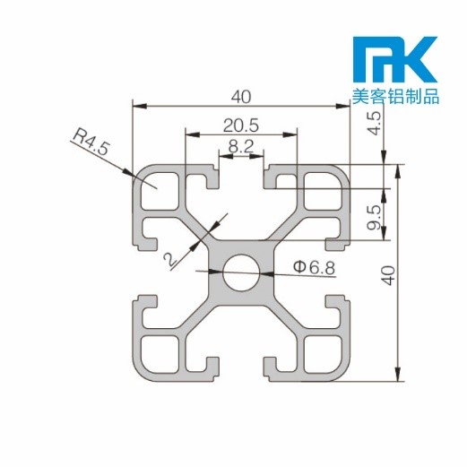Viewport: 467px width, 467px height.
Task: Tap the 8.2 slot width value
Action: [241, 143]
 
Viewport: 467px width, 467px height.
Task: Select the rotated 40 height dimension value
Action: [388, 273]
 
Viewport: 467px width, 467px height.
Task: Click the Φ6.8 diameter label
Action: [313, 266]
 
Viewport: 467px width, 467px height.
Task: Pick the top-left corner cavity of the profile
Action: [159, 189]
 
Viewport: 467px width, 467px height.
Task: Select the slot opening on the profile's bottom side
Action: [241, 369]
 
